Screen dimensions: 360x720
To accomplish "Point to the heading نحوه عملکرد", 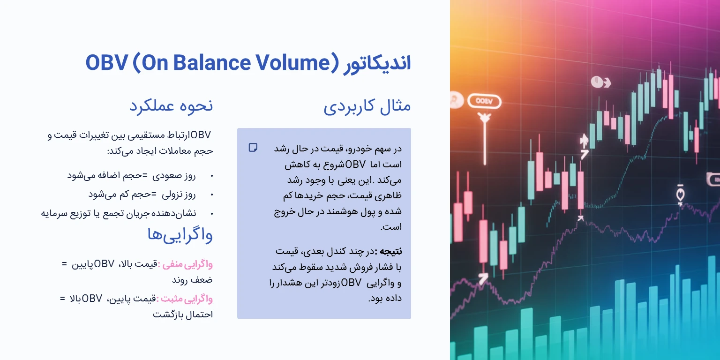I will click(171, 105).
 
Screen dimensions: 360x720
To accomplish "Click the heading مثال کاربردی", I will click(367, 106).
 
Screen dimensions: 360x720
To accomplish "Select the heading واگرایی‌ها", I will click(180, 235).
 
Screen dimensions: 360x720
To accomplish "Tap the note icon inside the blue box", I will click(253, 148).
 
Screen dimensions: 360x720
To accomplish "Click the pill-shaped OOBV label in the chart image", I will click(485, 101).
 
